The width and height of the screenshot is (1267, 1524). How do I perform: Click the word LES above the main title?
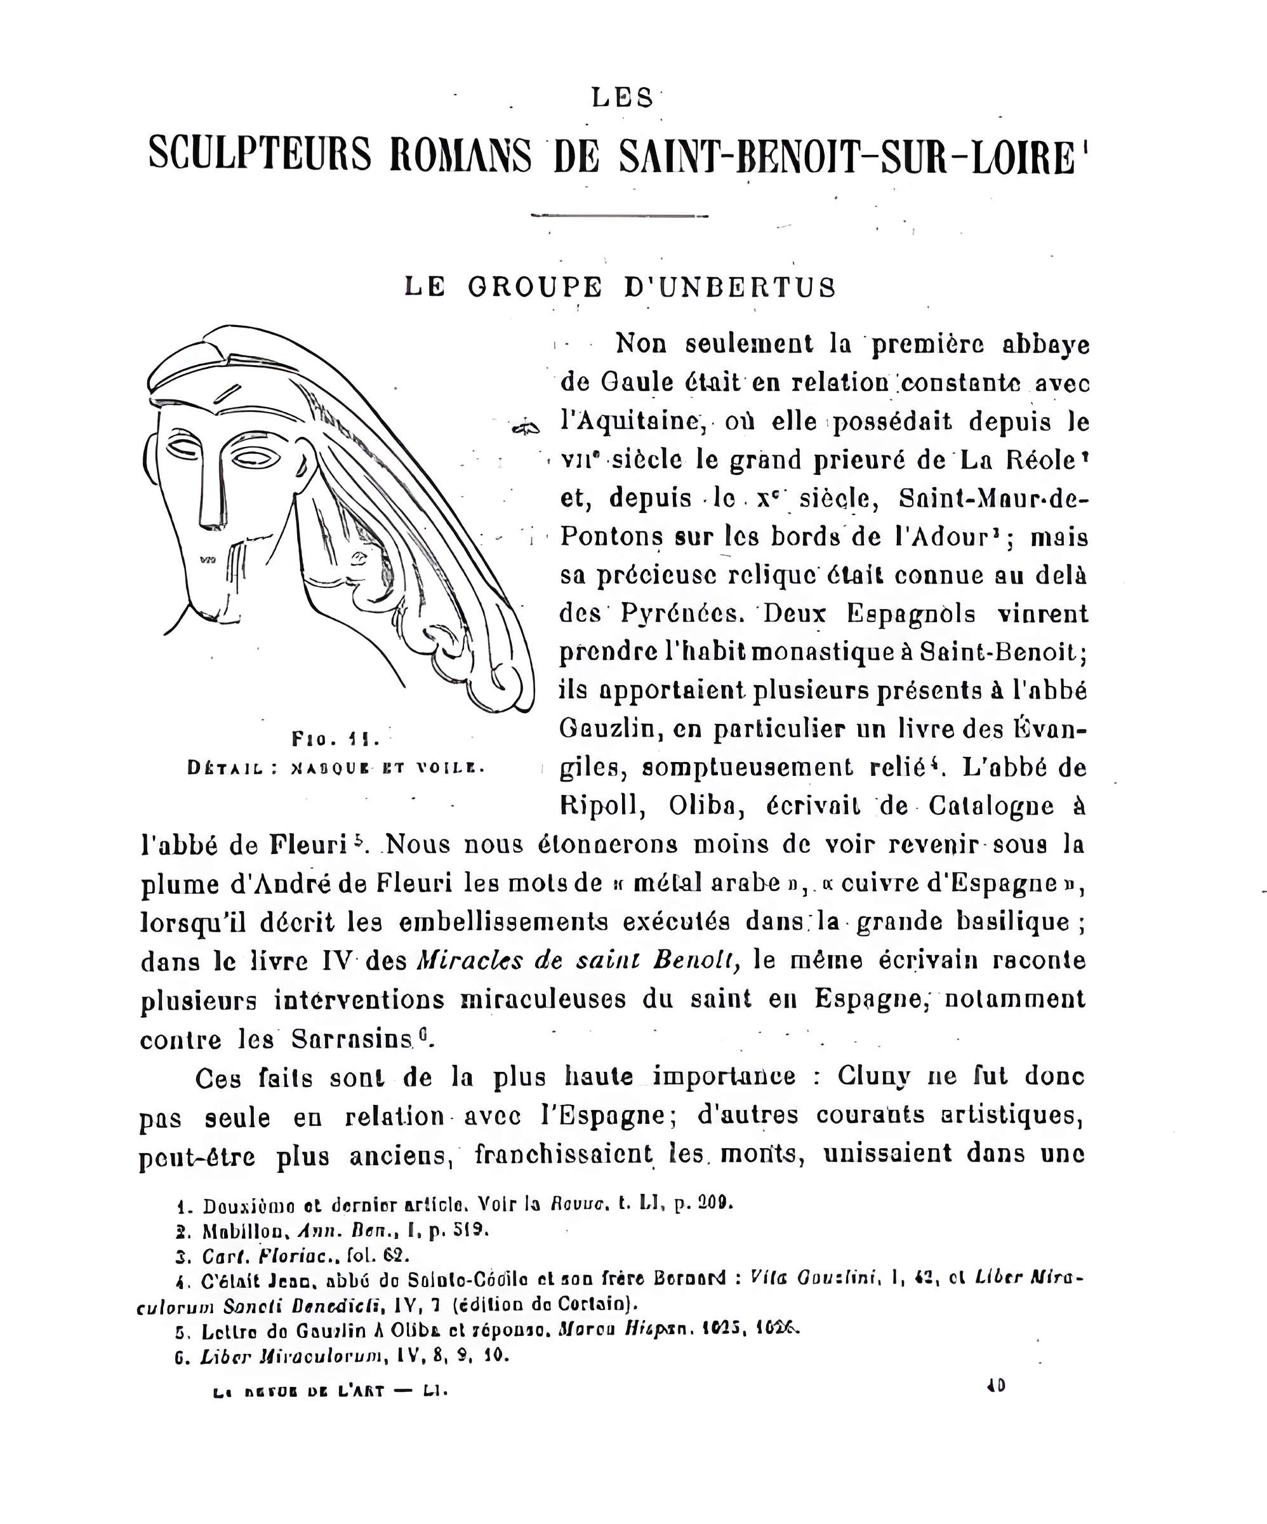click(622, 97)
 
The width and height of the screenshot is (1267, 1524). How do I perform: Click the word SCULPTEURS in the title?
click(259, 154)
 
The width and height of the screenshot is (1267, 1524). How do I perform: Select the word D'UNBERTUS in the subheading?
click(730, 288)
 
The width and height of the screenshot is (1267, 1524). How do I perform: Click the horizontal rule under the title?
click(619, 215)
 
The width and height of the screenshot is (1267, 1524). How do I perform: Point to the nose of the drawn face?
click(211, 501)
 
